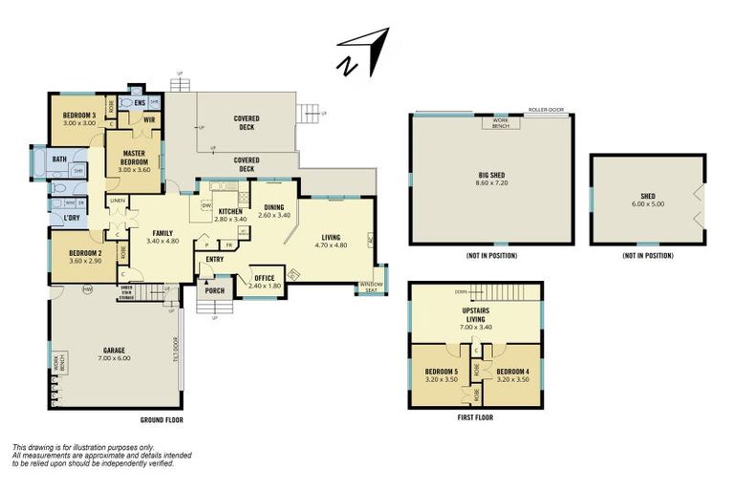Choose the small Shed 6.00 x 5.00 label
tap(647, 198)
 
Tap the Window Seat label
tap(371, 287)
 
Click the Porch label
tap(214, 291)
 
